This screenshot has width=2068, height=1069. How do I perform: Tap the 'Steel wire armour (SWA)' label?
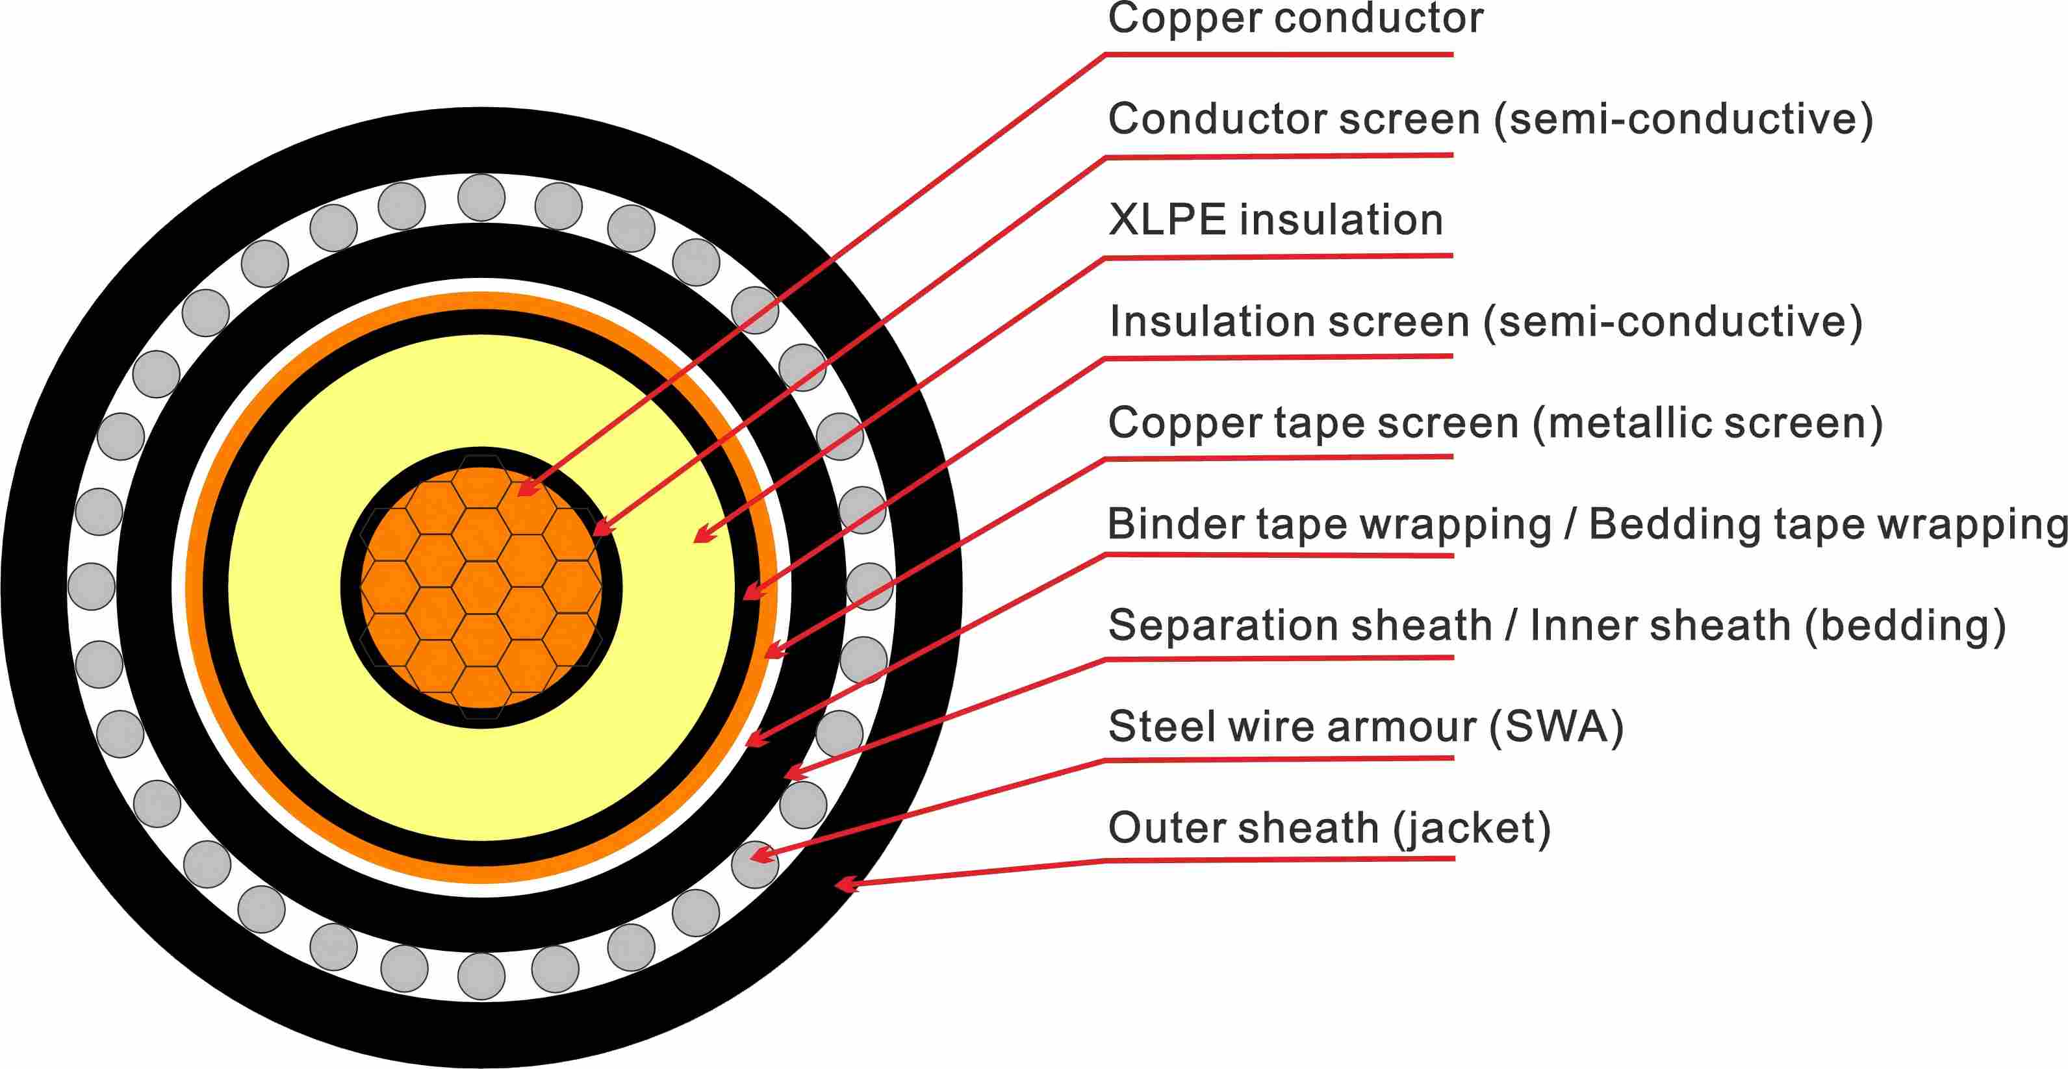pyautogui.click(x=1365, y=727)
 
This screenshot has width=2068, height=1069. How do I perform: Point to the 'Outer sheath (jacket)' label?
pyautogui.click(x=1329, y=828)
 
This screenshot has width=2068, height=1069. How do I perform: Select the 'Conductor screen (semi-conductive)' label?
pyautogui.click(x=1490, y=119)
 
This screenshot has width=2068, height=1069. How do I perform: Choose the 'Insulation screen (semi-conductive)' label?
pyautogui.click(x=1485, y=322)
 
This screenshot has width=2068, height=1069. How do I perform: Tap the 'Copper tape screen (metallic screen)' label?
pyautogui.click(x=1495, y=423)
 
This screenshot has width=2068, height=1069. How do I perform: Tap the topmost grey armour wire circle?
pyautogui.click(x=481, y=197)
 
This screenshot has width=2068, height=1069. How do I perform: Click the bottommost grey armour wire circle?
pyautogui.click(x=481, y=976)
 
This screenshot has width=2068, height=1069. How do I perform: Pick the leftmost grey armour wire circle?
pyautogui.click(x=92, y=586)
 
